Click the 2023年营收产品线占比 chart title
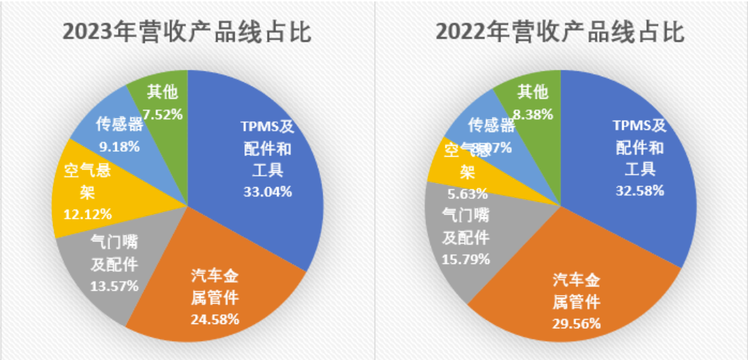187,33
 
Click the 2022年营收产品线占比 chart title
560,33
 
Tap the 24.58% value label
215,318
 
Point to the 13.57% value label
114,286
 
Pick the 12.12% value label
78,212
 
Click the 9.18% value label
119,147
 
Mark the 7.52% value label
162,114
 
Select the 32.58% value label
639,190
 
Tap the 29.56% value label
576,324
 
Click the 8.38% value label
533,114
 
